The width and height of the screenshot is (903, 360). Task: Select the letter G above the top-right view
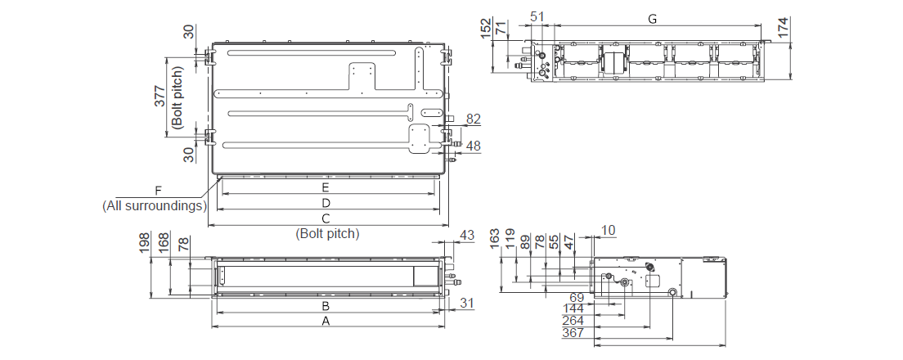(652, 20)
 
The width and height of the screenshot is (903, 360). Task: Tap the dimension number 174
(784, 27)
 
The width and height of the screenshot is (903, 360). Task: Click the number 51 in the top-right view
(537, 16)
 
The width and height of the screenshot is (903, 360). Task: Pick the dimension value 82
(473, 119)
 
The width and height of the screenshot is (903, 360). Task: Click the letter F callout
(159, 191)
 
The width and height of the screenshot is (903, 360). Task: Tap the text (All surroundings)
(154, 205)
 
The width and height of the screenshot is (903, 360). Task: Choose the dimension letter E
(325, 187)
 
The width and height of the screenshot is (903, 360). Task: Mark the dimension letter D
(325, 202)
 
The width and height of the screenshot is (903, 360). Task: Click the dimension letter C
(325, 218)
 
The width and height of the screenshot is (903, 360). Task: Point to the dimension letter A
(326, 322)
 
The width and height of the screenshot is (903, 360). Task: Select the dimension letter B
(325, 306)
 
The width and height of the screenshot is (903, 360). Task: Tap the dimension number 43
(466, 236)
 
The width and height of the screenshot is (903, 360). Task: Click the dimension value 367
(573, 332)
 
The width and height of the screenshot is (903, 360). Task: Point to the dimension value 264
(573, 320)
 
